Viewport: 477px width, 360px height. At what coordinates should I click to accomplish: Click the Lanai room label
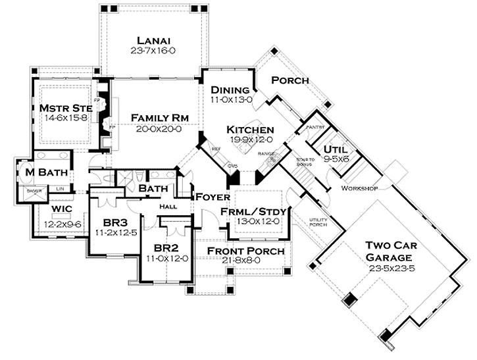(x=151, y=38)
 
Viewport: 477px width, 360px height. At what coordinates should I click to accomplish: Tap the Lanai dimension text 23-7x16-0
(x=151, y=49)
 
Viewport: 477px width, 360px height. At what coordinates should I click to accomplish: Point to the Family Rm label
(x=160, y=117)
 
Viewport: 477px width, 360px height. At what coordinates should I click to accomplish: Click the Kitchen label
(x=251, y=129)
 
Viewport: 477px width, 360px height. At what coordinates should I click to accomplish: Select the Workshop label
(x=359, y=188)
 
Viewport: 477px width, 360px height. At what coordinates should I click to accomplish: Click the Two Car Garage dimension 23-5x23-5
(x=394, y=269)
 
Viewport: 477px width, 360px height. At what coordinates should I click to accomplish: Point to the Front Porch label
(x=245, y=251)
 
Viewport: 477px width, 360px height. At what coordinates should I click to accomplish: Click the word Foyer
(x=211, y=197)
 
